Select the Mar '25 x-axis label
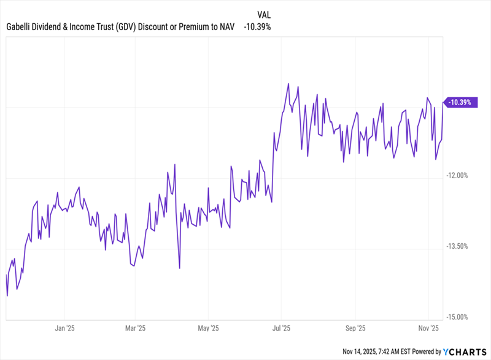pyautogui.click(x=136, y=327)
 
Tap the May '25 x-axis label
pyautogui.click(x=209, y=327)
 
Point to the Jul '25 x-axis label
pyautogui.click(x=282, y=327)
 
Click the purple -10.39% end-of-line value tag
pyautogui.click(x=459, y=103)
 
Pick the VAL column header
pyautogui.click(x=263, y=13)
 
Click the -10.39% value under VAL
pyautogui.click(x=257, y=27)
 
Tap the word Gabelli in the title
pyautogui.click(x=21, y=27)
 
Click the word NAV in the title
pyautogui.click(x=226, y=27)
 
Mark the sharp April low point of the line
pyautogui.click(x=179, y=268)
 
